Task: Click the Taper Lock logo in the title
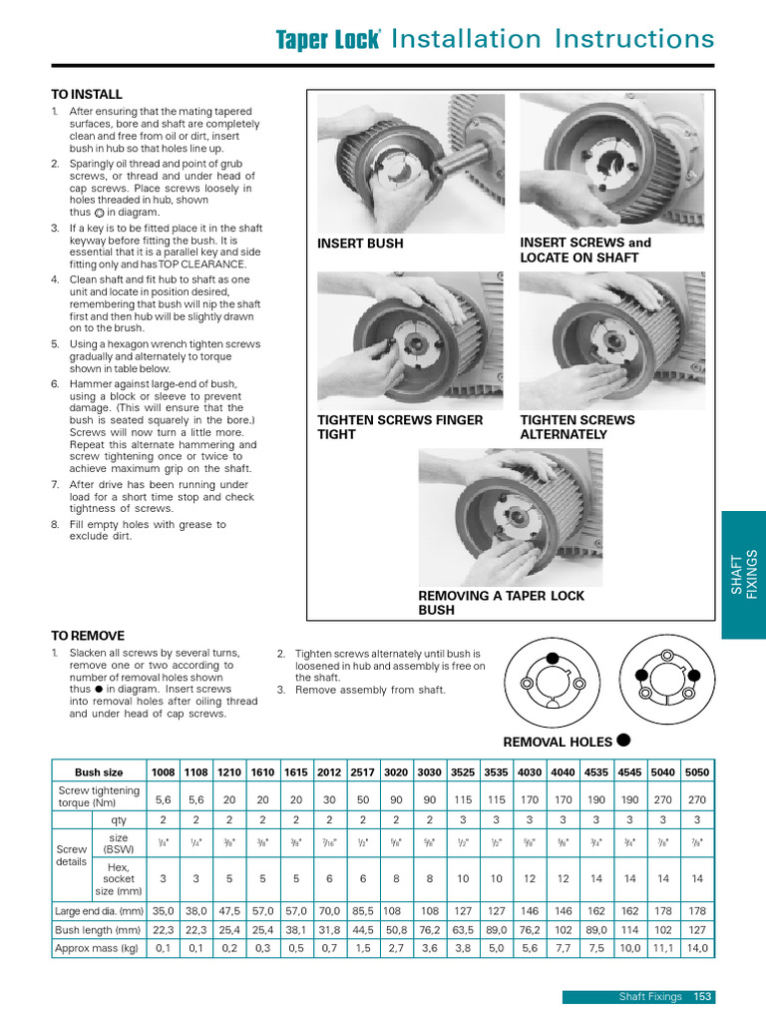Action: pyautogui.click(x=328, y=39)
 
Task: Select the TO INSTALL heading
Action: pyautogui.click(x=86, y=93)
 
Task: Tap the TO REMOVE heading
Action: pyautogui.click(x=88, y=636)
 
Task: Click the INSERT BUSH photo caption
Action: pyautogui.click(x=360, y=244)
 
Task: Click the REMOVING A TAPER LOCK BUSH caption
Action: pyautogui.click(x=501, y=603)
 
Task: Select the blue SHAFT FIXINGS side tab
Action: pyautogui.click(x=744, y=575)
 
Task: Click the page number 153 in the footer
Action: pyautogui.click(x=704, y=996)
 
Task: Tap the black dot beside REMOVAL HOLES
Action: pyautogui.click(x=623, y=740)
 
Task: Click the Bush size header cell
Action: pyautogui.click(x=99, y=772)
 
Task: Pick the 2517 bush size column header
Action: pyautogui.click(x=363, y=772)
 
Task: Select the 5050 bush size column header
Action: pyautogui.click(x=697, y=772)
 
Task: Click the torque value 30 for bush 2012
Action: pyautogui.click(x=329, y=799)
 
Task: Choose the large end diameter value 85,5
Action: pyautogui.click(x=363, y=910)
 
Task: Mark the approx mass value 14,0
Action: pyautogui.click(x=697, y=948)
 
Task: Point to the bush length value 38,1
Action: pyautogui.click(x=296, y=929)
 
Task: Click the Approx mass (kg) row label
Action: pyautogui.click(x=98, y=948)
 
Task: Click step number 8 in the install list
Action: pyautogui.click(x=55, y=524)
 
